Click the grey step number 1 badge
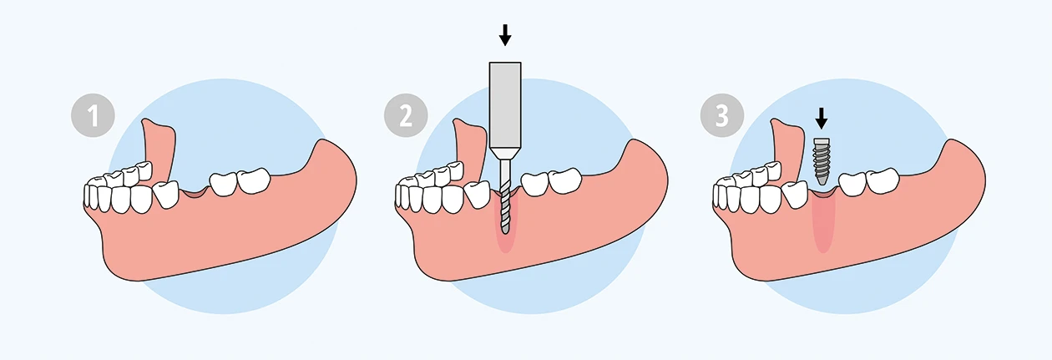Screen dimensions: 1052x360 93,115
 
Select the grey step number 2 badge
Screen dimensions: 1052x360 406,115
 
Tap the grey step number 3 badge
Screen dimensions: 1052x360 722,115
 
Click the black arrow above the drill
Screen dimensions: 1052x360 505,35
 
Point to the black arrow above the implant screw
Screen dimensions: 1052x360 821,119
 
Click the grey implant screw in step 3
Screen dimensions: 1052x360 821,161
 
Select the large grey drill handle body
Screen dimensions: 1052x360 505,105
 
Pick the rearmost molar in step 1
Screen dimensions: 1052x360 254,180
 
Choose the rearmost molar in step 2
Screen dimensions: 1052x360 565,180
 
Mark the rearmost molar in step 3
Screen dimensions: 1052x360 883,180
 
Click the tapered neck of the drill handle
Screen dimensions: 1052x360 505,154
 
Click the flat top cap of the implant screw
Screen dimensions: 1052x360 821,141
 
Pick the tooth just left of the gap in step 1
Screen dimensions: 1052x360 167,194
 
